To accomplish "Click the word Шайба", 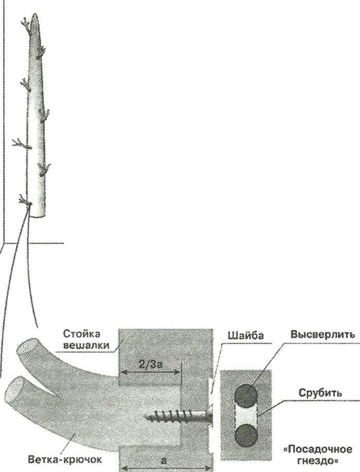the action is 246,335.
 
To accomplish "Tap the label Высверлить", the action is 322,334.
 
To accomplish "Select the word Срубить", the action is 320,393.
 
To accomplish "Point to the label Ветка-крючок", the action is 65,460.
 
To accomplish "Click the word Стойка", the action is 81,334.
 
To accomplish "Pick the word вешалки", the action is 86,345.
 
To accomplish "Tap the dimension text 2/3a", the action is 150,364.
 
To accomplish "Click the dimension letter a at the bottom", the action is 164,461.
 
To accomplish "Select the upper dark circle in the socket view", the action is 246,396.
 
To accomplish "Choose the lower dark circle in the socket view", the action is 246,435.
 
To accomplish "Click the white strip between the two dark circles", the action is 246,415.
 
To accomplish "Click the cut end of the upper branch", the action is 26,347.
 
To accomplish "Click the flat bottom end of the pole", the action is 37,215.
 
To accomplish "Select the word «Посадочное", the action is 318,449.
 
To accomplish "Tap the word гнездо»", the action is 318,461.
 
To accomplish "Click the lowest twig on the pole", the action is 25,201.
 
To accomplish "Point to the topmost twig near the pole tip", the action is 26,24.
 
